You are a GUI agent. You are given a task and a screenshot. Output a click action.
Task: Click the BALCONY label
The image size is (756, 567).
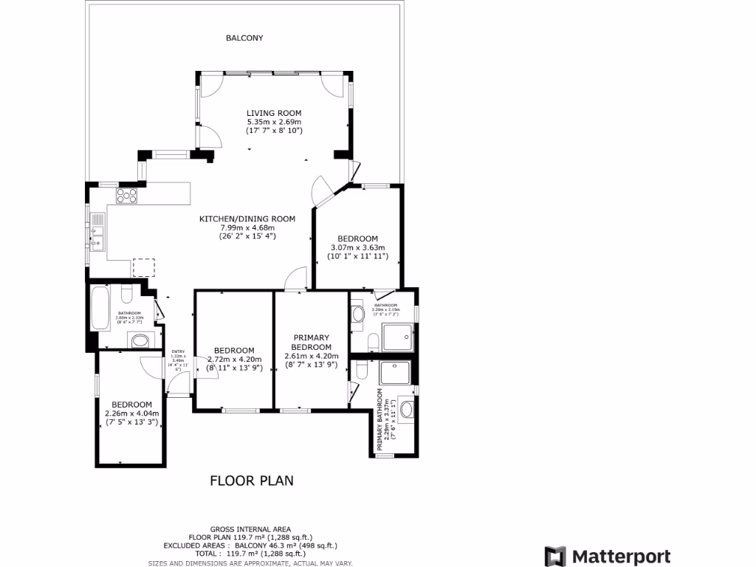pos(244,38)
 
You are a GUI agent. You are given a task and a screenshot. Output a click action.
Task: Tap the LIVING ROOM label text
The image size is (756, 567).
pos(274,113)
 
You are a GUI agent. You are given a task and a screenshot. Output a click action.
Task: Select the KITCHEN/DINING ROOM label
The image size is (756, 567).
pos(247,219)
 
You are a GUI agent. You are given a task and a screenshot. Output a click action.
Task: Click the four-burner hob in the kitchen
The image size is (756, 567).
pos(126,195)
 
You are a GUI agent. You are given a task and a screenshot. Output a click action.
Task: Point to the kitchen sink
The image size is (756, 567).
pos(97,230)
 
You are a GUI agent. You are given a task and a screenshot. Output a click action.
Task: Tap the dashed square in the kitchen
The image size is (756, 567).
pos(144,267)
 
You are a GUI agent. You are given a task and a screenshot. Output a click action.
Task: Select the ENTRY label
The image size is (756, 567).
pos(178,351)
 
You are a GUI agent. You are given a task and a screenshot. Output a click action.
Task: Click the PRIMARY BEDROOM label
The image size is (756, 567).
pos(311,343)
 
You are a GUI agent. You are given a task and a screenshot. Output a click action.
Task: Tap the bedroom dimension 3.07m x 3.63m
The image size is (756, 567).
pos(357,247)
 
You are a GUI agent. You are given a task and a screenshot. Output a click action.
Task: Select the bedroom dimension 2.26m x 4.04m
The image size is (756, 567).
pos(131,413)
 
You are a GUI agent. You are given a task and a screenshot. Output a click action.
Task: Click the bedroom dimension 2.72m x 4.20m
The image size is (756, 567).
pos(234,360)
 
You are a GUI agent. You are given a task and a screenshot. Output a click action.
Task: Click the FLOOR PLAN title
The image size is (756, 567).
pos(252,481)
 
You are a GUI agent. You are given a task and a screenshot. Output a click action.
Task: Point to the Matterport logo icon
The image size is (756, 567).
pos(555,557)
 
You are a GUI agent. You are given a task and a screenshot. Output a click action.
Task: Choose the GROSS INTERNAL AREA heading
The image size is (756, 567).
pos(250,529)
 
